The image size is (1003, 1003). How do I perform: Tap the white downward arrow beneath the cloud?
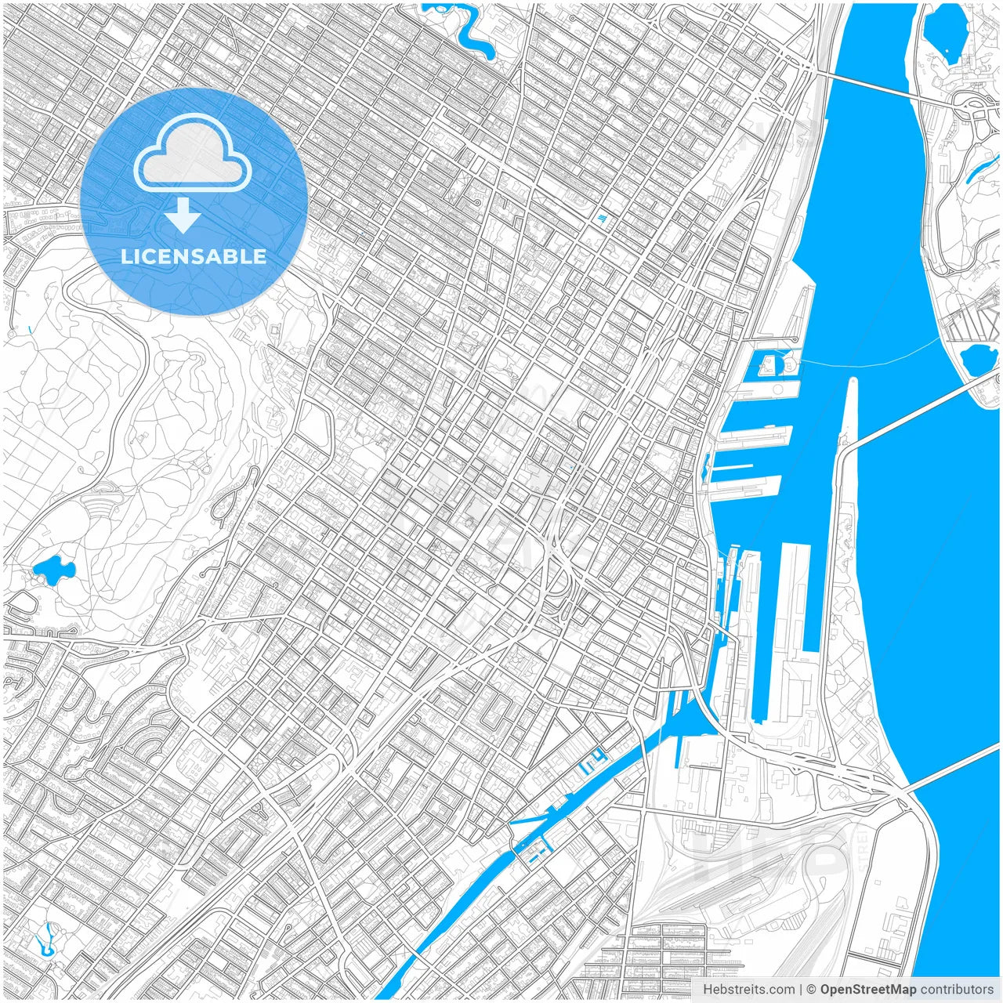(183, 216)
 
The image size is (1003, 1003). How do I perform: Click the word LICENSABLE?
(194, 256)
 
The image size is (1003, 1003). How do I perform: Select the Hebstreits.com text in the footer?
(748, 990)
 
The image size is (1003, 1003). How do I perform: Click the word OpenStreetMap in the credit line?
(867, 990)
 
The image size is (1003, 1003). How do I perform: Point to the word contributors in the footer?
(957, 990)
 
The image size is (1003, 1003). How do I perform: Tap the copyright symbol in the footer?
(812, 990)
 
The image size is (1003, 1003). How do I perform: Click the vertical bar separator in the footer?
(800, 990)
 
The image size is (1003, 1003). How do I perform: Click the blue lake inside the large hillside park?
(53, 570)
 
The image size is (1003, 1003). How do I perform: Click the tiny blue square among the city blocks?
(602, 218)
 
